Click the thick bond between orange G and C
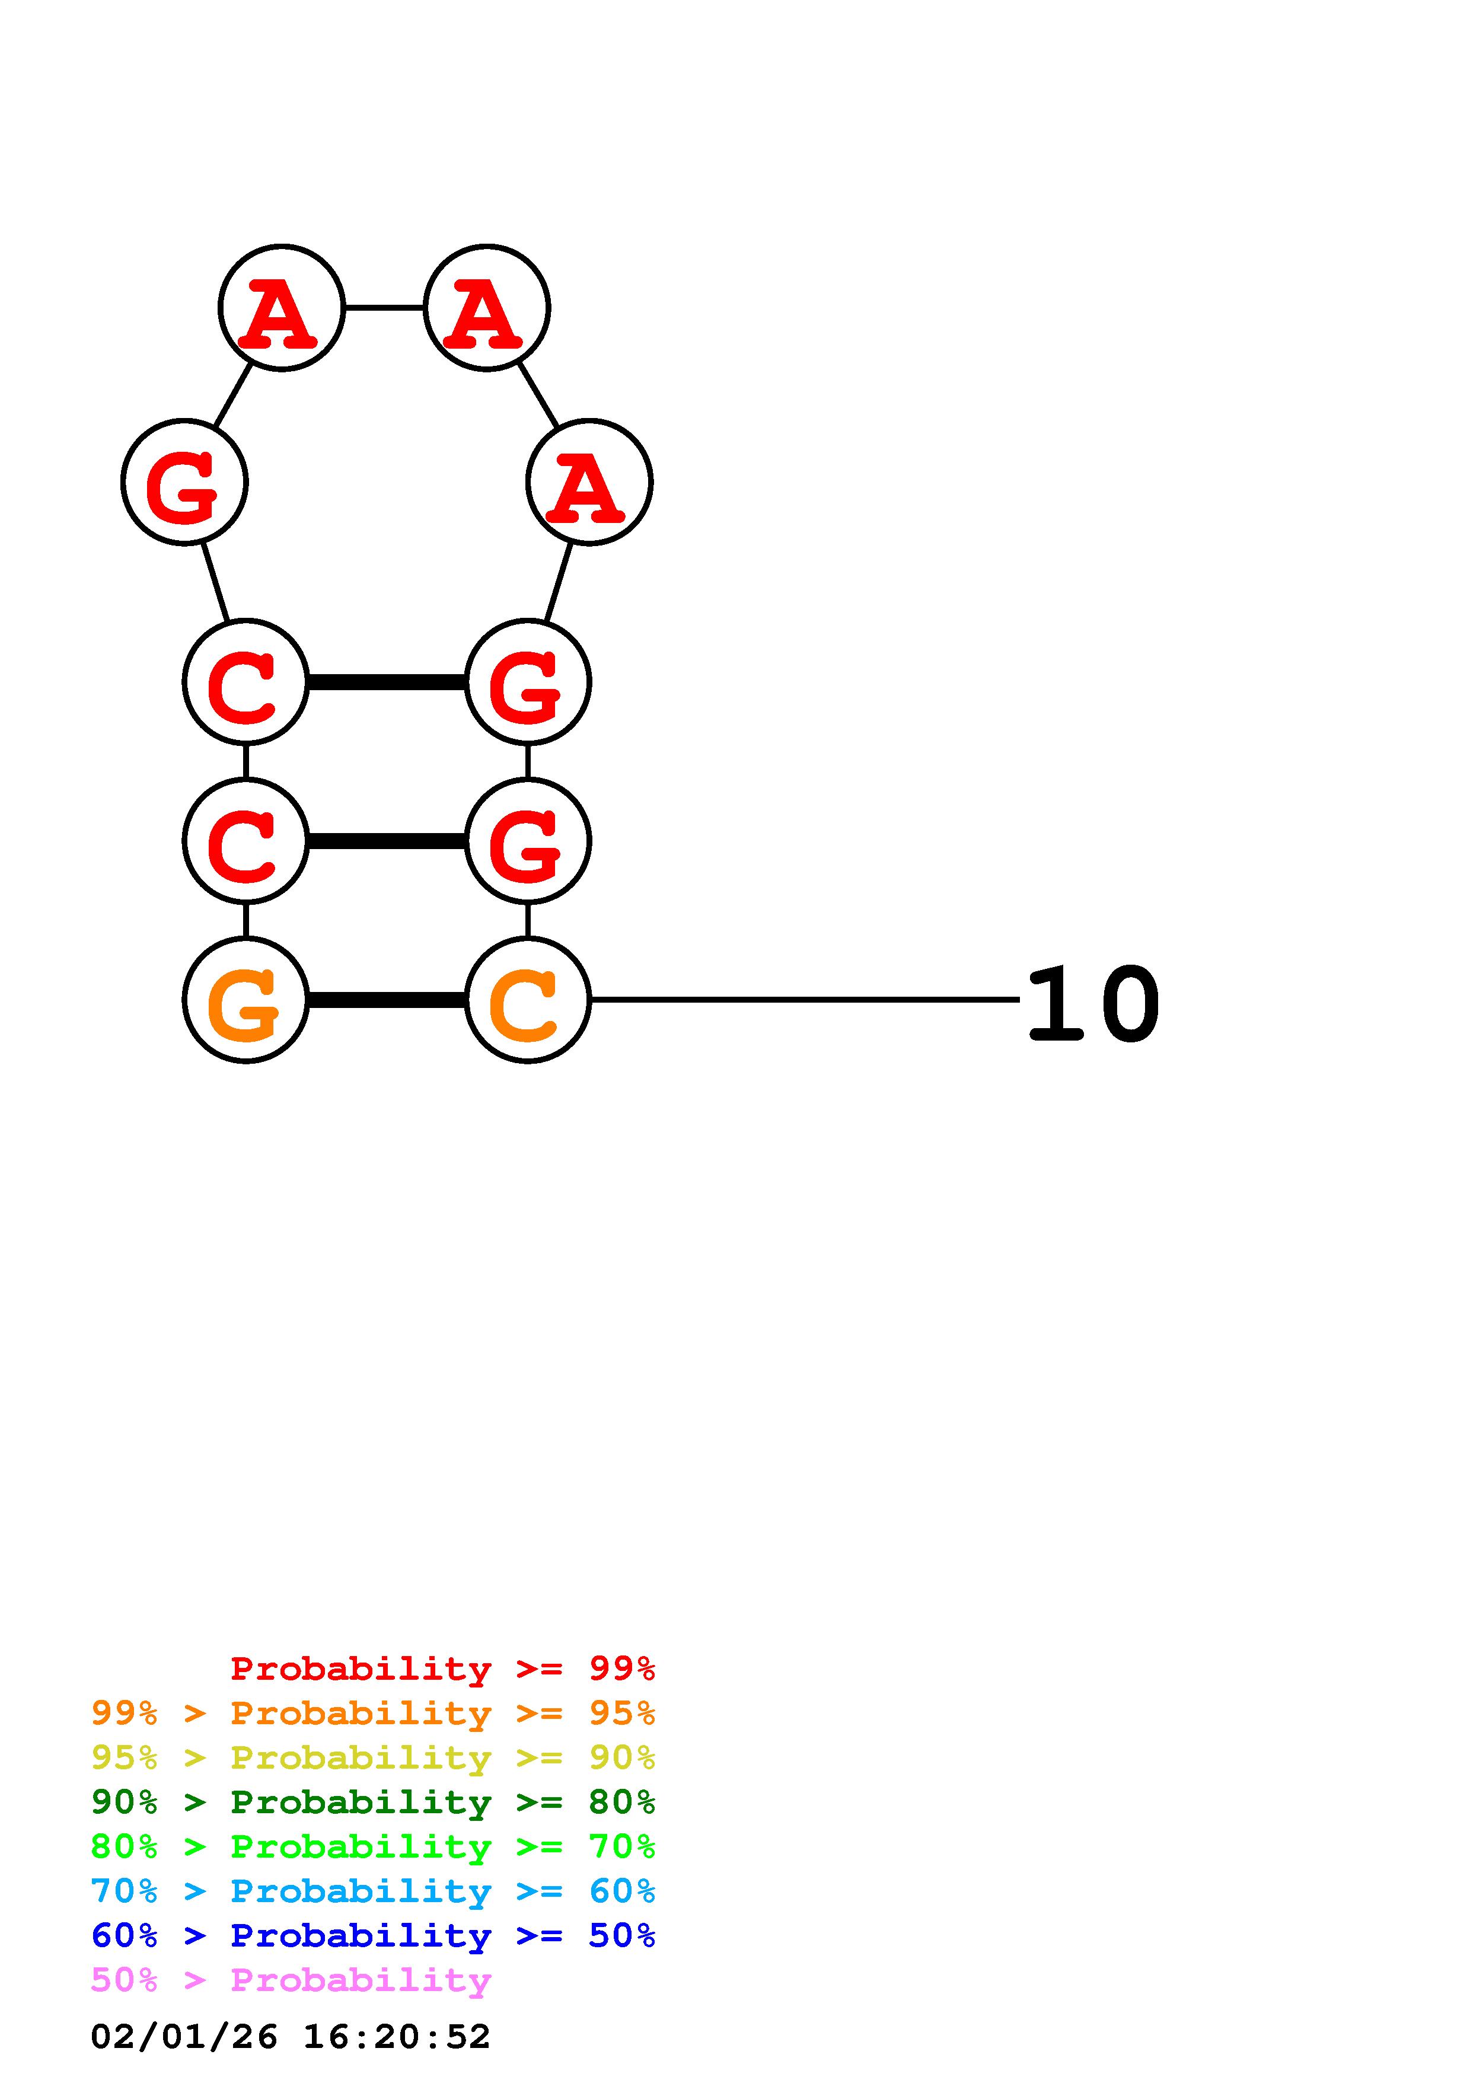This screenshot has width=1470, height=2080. [387, 1000]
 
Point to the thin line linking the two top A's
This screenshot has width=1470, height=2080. [384, 308]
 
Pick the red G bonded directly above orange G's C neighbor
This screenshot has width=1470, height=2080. [527, 841]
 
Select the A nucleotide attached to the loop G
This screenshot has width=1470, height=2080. [282, 308]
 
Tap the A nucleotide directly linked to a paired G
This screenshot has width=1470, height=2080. [589, 482]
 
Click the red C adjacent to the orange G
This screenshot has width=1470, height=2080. [245, 841]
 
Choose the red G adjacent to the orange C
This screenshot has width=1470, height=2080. [527, 841]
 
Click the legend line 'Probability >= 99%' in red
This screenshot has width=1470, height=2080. [442, 1669]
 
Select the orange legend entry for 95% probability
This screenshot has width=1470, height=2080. [373, 1713]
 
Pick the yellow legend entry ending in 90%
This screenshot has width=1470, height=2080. [373, 1757]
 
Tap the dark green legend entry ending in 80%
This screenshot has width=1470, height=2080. [373, 1802]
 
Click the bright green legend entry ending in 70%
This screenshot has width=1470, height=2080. [373, 1846]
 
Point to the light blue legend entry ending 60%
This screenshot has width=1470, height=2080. [373, 1891]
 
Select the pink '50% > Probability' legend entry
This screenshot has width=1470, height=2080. [291, 1979]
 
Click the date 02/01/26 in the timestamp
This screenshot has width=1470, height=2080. [184, 2037]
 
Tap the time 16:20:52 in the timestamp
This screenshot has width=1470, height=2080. [397, 2037]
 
